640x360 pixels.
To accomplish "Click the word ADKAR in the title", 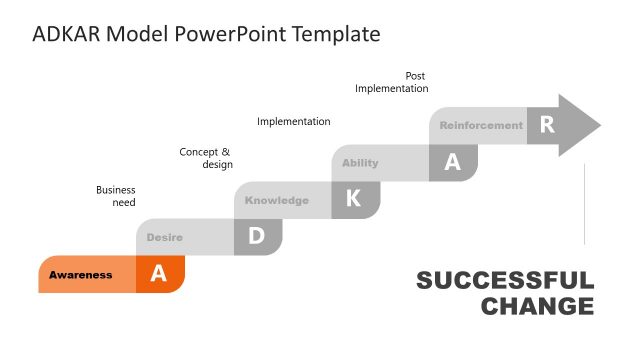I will click(66, 34).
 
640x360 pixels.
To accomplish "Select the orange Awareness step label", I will click(81, 275).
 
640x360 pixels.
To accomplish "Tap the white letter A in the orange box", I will click(158, 275).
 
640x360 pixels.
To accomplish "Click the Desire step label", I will click(164, 237).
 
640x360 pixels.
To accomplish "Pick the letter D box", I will click(256, 237).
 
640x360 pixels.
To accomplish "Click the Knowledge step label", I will click(277, 200).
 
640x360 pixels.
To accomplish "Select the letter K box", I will click(353, 199).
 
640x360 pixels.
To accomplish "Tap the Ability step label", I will click(360, 163).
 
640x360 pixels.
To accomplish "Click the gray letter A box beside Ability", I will click(452, 163).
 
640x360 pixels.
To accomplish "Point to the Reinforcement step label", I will click(481, 126).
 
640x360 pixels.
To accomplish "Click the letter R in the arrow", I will click(546, 125).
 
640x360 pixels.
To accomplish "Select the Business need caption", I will click(116, 196).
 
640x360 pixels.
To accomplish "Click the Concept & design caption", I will click(206, 158).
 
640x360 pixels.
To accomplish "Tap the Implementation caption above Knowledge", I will click(293, 122).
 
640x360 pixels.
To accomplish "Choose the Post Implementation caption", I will click(392, 82).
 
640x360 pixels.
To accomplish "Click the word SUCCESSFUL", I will click(505, 281).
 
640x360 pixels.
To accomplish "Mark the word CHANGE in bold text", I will click(537, 306).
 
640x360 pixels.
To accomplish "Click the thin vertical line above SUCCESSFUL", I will click(584, 205).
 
